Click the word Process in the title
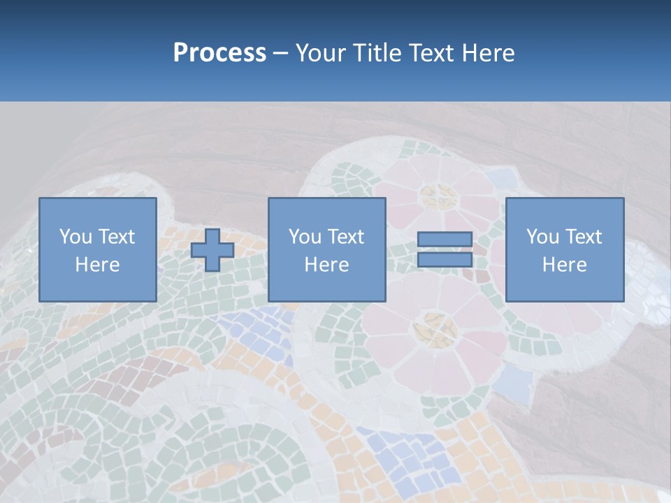click(x=219, y=53)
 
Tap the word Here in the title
click(x=488, y=53)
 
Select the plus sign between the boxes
click(x=212, y=250)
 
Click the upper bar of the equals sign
click(x=445, y=240)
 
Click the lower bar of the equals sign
click(x=445, y=260)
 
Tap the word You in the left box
click(x=75, y=237)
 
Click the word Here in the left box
click(x=97, y=265)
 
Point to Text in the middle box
click(x=345, y=237)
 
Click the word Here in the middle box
click(x=326, y=265)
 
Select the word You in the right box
click(x=542, y=237)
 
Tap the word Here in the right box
click(x=564, y=265)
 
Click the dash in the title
click(x=281, y=53)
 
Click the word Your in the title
click(x=320, y=53)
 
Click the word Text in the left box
click(x=116, y=237)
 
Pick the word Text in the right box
click(x=583, y=237)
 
